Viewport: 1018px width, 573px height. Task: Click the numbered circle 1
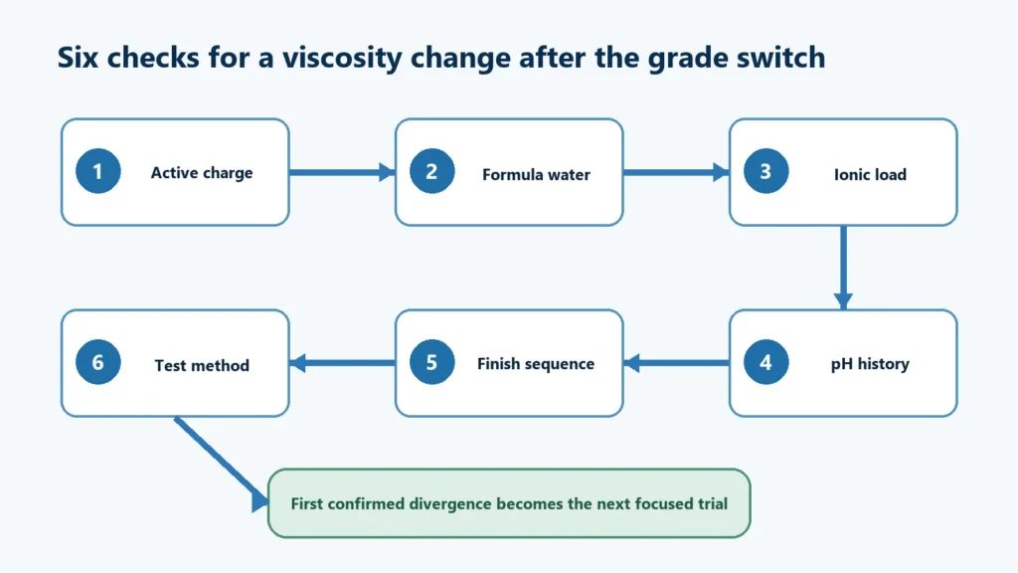click(98, 171)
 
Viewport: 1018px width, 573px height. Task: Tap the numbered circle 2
click(431, 171)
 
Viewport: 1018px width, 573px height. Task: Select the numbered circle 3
click(766, 171)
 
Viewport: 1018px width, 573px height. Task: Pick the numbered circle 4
click(766, 362)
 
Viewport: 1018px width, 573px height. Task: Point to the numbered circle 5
click(431, 362)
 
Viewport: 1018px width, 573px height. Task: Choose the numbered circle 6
click(98, 362)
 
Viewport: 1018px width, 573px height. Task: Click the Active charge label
click(202, 173)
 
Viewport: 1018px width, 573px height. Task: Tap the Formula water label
click(536, 175)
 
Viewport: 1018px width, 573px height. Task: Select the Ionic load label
click(870, 175)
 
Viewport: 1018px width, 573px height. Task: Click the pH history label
click(870, 364)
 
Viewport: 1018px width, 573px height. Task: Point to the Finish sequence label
click(536, 364)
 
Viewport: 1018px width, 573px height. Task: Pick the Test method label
click(202, 366)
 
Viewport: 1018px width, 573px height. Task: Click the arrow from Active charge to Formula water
click(342, 172)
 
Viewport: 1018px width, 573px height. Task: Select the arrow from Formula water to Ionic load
click(676, 172)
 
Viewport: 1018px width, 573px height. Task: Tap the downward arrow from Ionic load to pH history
click(843, 268)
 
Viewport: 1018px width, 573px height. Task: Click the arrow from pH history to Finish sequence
click(676, 363)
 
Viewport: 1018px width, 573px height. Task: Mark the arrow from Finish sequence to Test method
click(342, 363)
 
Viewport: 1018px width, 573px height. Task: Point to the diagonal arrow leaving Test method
click(222, 465)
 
